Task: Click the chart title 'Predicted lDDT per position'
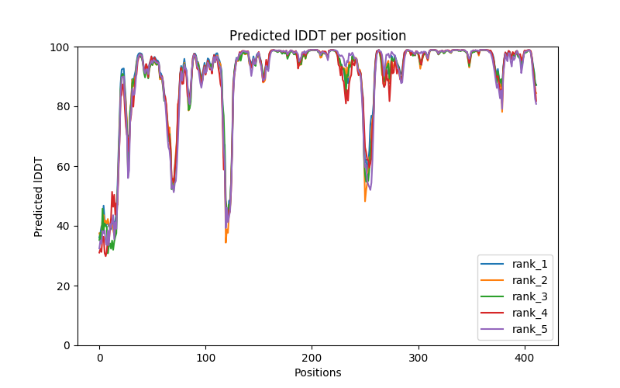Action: click(x=317, y=36)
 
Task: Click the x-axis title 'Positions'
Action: click(x=317, y=372)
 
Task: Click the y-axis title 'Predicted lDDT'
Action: click(x=39, y=196)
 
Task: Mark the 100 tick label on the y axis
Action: click(x=63, y=47)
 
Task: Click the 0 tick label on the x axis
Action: click(x=99, y=359)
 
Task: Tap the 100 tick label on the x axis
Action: click(x=205, y=359)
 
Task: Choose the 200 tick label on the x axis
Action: click(x=312, y=359)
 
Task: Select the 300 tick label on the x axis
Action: click(x=418, y=359)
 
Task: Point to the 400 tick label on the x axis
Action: click(x=525, y=359)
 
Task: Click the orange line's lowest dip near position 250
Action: click(x=365, y=201)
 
